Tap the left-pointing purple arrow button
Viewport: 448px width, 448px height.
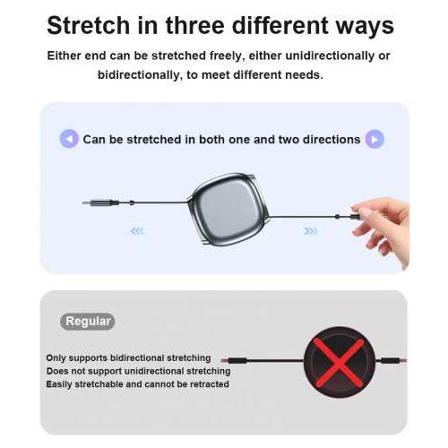point(69,139)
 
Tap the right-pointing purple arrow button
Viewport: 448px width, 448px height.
point(375,139)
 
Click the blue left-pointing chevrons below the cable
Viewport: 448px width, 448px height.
point(137,231)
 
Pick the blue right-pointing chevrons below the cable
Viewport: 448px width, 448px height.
point(310,231)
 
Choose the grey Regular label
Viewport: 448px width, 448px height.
point(88,321)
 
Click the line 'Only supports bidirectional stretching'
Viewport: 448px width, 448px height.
point(128,358)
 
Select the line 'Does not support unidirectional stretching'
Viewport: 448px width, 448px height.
point(139,371)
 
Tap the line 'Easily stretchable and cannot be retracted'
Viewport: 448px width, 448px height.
point(137,383)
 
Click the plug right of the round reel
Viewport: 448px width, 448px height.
point(390,361)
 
